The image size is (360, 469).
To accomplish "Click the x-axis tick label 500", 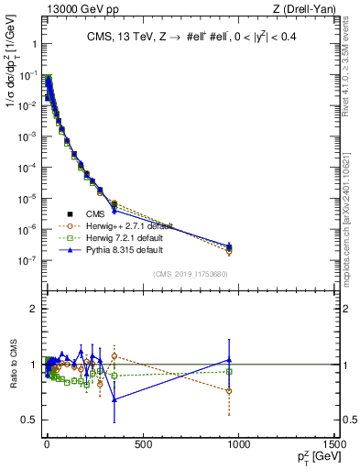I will [143, 443].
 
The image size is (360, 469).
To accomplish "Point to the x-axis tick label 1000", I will [239, 443].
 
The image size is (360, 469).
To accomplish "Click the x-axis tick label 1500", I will [335, 443].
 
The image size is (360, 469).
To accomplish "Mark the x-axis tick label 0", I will [47, 443].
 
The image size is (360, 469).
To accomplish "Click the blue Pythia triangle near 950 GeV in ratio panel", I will [229, 360].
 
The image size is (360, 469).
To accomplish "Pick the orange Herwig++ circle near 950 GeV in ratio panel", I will [229, 391].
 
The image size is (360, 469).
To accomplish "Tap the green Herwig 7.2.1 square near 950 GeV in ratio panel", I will [229, 372].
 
